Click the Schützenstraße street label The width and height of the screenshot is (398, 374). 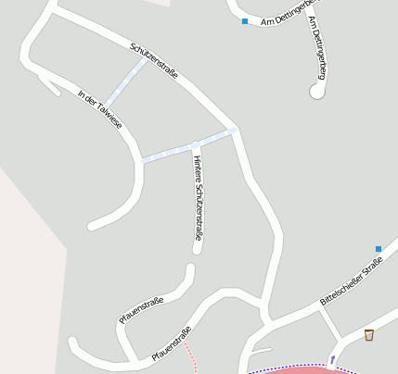click(x=154, y=59)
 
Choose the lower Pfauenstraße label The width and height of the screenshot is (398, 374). click(x=170, y=343)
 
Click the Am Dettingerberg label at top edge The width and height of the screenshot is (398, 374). click(x=289, y=18)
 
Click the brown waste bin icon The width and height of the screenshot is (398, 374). click(x=369, y=334)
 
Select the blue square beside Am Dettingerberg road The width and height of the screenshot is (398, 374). click(x=245, y=21)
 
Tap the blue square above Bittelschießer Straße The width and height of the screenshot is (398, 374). click(x=379, y=248)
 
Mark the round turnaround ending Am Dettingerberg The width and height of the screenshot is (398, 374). click(x=316, y=91)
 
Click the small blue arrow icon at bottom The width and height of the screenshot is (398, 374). click(x=332, y=359)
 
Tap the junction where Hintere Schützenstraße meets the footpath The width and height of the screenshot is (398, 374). click(x=196, y=145)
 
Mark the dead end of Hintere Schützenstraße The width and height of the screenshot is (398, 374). click(x=197, y=248)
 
